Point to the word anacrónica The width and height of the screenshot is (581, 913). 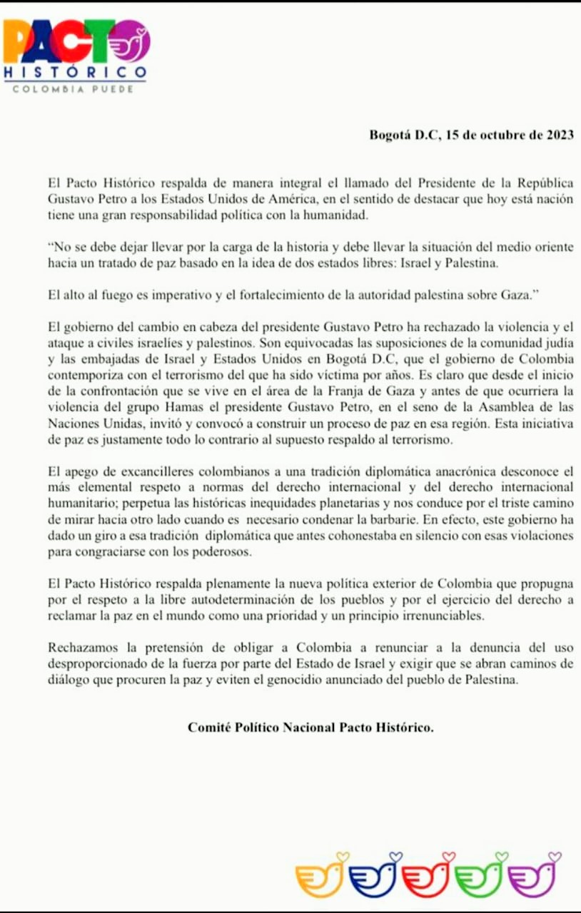point(438,473)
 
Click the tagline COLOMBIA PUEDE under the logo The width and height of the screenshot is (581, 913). point(74,88)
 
